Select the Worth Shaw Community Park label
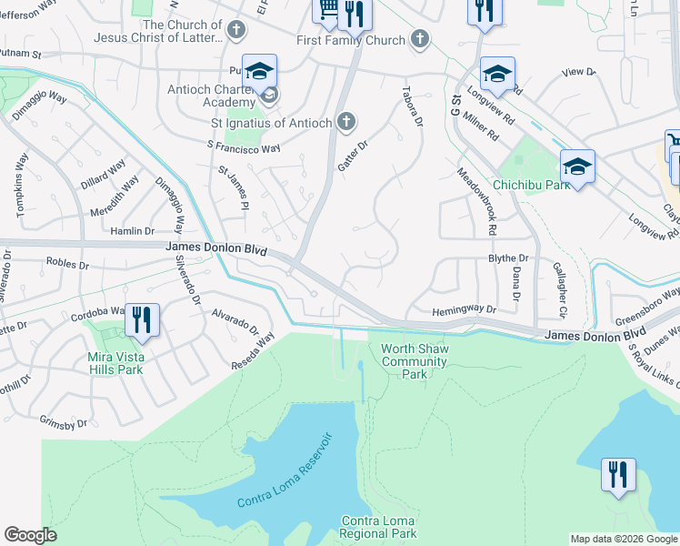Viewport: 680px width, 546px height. click(x=415, y=361)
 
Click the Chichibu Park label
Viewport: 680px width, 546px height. click(x=531, y=184)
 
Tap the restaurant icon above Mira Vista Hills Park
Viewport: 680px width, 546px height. click(x=142, y=319)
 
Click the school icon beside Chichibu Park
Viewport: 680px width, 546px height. click(x=577, y=167)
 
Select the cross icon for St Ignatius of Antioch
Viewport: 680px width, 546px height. click(x=345, y=121)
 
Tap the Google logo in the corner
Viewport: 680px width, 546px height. click(x=30, y=535)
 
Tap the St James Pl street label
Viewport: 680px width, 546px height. click(x=233, y=186)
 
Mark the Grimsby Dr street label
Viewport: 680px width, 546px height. click(x=64, y=422)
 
